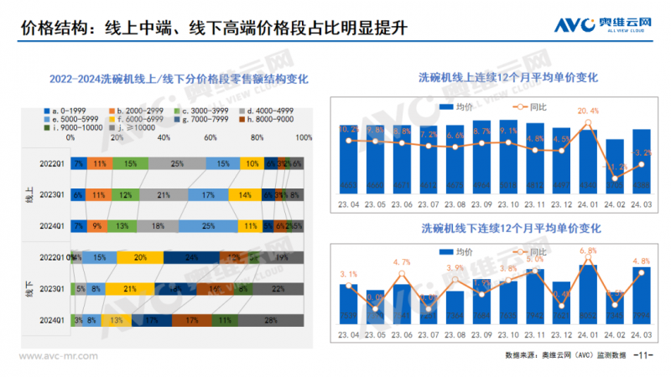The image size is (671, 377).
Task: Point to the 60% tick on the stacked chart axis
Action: pos(211,138)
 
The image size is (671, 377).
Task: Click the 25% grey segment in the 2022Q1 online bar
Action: pos(177,163)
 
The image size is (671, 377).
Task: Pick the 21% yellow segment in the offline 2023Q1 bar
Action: pos(131,288)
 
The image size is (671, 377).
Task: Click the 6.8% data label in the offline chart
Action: pos(588,250)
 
